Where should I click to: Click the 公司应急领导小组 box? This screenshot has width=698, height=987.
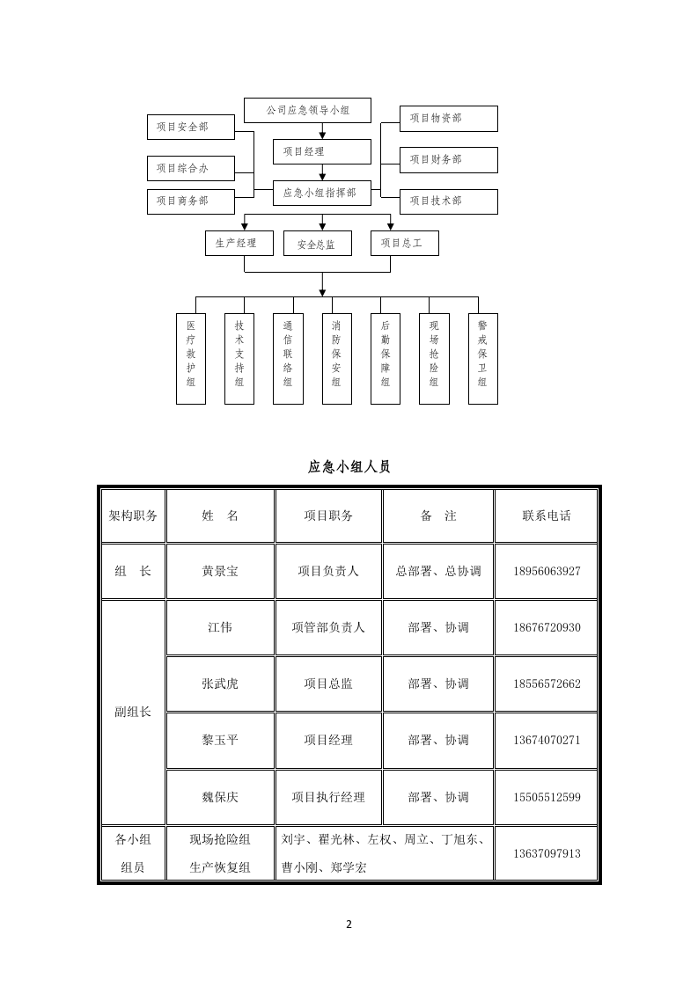[x=307, y=111]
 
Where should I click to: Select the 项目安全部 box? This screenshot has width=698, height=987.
[x=190, y=127]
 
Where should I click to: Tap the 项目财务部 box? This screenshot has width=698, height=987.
[x=448, y=159]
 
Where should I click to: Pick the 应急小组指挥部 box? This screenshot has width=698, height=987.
[x=321, y=193]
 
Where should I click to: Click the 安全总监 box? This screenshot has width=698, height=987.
[x=317, y=244]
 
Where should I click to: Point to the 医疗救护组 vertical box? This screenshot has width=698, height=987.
[x=191, y=358]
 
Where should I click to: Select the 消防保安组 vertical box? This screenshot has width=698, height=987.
[x=336, y=358]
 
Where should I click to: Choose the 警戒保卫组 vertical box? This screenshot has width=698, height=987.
[x=482, y=358]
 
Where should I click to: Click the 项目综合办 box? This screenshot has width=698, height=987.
[x=190, y=168]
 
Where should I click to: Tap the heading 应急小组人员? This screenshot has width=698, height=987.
[x=349, y=466]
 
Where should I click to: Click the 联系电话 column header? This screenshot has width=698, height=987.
[x=546, y=515]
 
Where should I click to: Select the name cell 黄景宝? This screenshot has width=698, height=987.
[x=220, y=571]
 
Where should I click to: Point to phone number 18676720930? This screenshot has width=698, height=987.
[x=546, y=627]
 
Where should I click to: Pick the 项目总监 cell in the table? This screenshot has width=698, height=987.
[x=328, y=684]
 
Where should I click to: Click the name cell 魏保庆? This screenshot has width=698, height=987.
[x=220, y=797]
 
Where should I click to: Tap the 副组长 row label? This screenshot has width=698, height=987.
[x=133, y=712]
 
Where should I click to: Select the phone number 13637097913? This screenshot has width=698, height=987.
[x=546, y=853]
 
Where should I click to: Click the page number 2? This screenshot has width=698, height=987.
[x=349, y=924]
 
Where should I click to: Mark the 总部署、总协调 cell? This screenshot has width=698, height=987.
[x=438, y=571]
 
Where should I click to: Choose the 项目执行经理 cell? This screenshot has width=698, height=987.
[x=328, y=797]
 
